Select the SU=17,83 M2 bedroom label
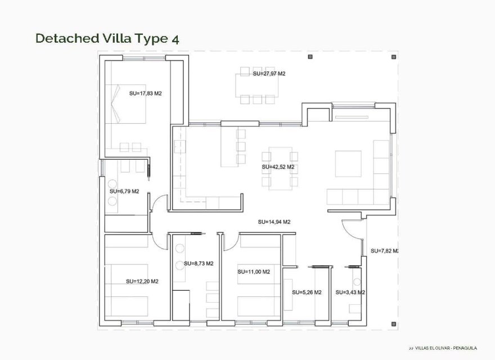(145, 93)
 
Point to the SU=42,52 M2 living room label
(278, 167)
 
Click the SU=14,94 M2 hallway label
(274, 222)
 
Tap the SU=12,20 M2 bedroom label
(142, 281)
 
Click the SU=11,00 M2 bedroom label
(254, 272)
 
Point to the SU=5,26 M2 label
(307, 292)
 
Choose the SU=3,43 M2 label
(350, 292)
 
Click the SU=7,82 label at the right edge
(385, 250)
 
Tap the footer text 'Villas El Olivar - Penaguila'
(444, 349)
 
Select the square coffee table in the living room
(348, 164)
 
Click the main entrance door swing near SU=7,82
(352, 228)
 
